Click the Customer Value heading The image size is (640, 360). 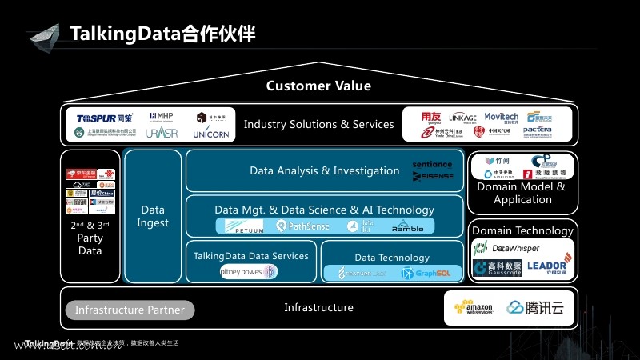[x=318, y=86]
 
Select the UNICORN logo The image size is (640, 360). [x=212, y=134]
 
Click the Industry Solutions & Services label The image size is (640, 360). [x=318, y=124]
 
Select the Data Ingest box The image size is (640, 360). [x=152, y=216]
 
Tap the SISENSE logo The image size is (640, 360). [x=433, y=176]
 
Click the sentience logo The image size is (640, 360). [x=432, y=164]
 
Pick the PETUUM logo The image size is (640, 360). [x=244, y=226]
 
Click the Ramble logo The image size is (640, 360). [x=407, y=226]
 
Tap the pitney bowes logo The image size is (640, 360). [x=248, y=272]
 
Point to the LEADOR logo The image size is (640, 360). [x=548, y=266]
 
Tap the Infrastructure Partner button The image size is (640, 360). [x=130, y=310]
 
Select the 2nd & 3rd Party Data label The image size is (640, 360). [x=90, y=238]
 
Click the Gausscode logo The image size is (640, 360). [x=498, y=268]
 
